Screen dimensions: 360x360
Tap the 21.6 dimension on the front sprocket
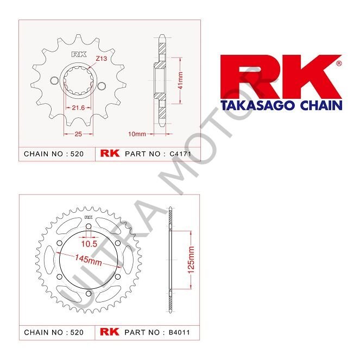coord(78,108)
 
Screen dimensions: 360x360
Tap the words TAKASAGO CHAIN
coord(280,105)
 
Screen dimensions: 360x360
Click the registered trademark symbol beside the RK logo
coord(339,63)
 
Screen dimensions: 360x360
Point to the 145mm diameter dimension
coord(90,260)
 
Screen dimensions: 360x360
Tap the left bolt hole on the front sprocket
coord(53,81)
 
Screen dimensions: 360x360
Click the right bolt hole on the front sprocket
coord(102,84)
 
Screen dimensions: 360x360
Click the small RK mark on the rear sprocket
coord(87,216)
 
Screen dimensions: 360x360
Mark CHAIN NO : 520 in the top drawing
coord(54,154)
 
